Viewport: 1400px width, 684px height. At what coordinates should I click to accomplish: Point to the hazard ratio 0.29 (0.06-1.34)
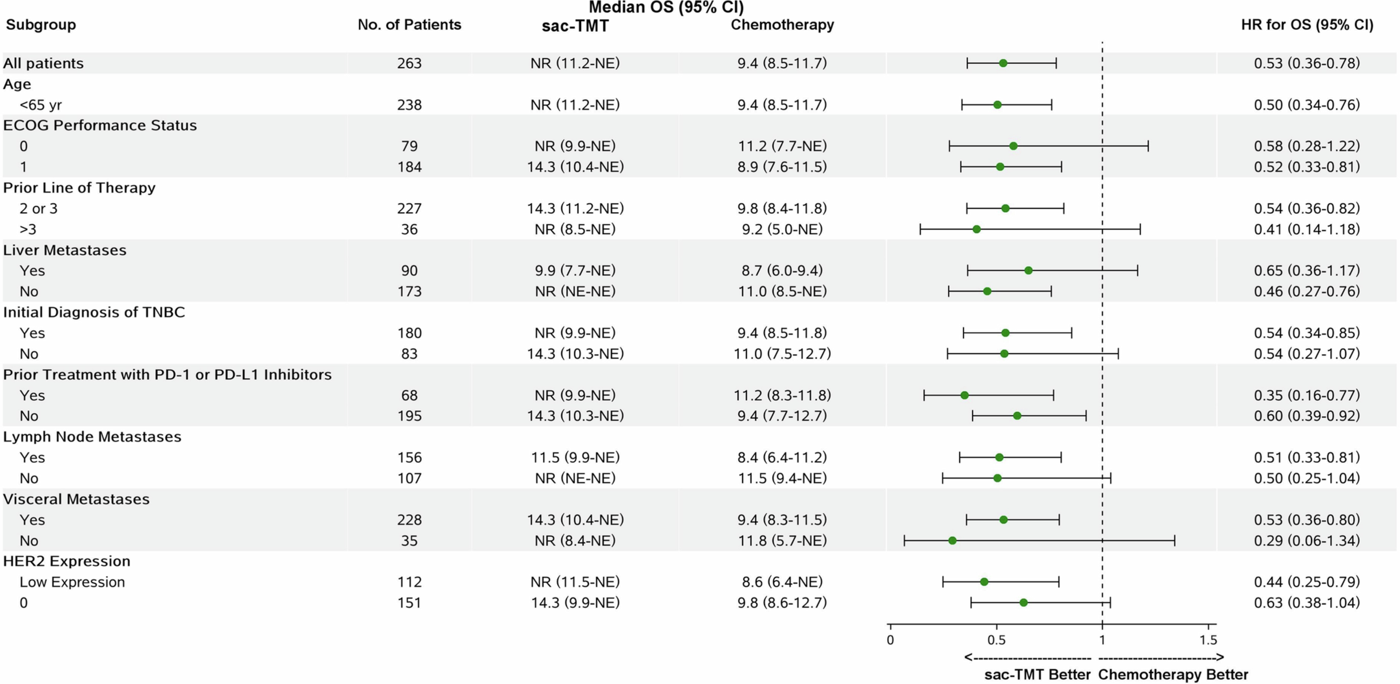(1306, 541)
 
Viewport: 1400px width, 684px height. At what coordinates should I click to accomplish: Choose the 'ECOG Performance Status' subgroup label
(100, 126)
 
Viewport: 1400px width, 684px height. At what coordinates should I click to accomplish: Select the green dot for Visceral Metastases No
(952, 541)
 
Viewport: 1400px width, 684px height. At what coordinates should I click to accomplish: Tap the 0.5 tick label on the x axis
(996, 640)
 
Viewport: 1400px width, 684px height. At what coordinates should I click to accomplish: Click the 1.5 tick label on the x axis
(1208, 640)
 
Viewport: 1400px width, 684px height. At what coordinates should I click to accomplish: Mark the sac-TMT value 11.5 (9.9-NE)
(575, 457)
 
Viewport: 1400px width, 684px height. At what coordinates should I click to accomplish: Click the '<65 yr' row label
(41, 105)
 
